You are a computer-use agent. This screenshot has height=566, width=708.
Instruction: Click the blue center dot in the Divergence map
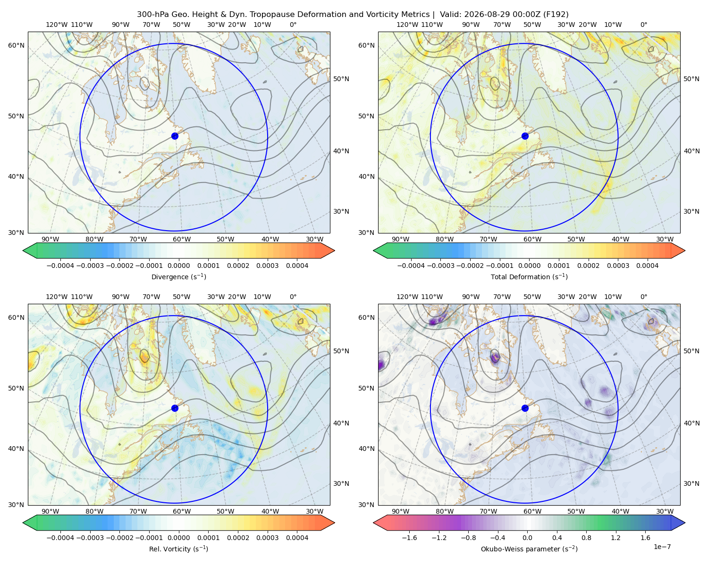click(x=175, y=136)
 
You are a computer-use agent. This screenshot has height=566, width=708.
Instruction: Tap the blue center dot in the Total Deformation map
click(x=525, y=136)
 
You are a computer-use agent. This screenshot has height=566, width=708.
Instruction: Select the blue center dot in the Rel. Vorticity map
click(x=175, y=408)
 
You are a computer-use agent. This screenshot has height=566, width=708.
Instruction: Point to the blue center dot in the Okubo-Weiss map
click(x=525, y=408)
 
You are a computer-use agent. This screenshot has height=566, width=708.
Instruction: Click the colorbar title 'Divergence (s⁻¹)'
click(x=178, y=276)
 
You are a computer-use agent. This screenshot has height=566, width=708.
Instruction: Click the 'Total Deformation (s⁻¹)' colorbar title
click(x=529, y=276)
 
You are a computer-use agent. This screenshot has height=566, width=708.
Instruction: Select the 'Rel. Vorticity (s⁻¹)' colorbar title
click(x=178, y=549)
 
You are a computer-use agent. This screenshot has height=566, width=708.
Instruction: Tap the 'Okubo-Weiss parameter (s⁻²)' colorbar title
click(x=529, y=549)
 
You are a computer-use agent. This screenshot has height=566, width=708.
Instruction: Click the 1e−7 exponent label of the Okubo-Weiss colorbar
click(x=662, y=547)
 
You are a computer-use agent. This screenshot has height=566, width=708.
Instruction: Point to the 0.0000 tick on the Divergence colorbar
click(x=178, y=266)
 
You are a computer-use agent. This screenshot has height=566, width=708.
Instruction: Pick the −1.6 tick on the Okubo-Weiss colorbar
click(x=409, y=537)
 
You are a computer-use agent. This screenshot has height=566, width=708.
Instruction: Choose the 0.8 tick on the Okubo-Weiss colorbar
click(x=586, y=537)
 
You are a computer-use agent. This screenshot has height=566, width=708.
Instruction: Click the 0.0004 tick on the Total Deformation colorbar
click(x=647, y=266)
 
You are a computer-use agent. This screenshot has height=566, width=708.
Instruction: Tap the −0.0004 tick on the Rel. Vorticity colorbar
click(x=60, y=537)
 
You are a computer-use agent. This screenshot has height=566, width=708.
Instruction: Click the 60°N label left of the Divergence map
click(x=16, y=45)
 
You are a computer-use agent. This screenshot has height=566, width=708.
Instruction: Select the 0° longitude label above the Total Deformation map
click(x=643, y=25)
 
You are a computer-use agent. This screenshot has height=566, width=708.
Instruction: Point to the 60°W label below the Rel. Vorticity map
click(x=182, y=511)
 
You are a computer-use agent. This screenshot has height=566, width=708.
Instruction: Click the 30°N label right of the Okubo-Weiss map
click(x=691, y=483)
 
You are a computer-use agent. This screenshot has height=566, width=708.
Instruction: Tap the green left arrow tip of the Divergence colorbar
click(x=23, y=250)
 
